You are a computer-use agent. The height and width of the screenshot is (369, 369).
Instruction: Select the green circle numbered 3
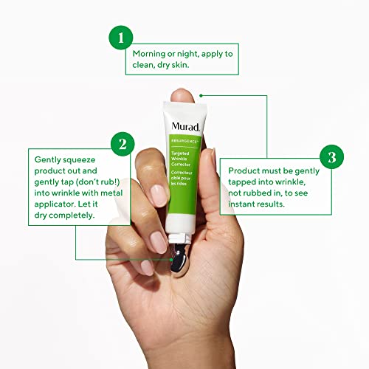coord(331,156)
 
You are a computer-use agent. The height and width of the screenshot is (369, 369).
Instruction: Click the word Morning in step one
coord(151,54)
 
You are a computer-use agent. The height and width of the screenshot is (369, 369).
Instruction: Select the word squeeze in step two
coord(68,158)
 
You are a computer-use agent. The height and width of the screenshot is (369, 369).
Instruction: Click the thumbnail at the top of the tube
coord(180,94)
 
